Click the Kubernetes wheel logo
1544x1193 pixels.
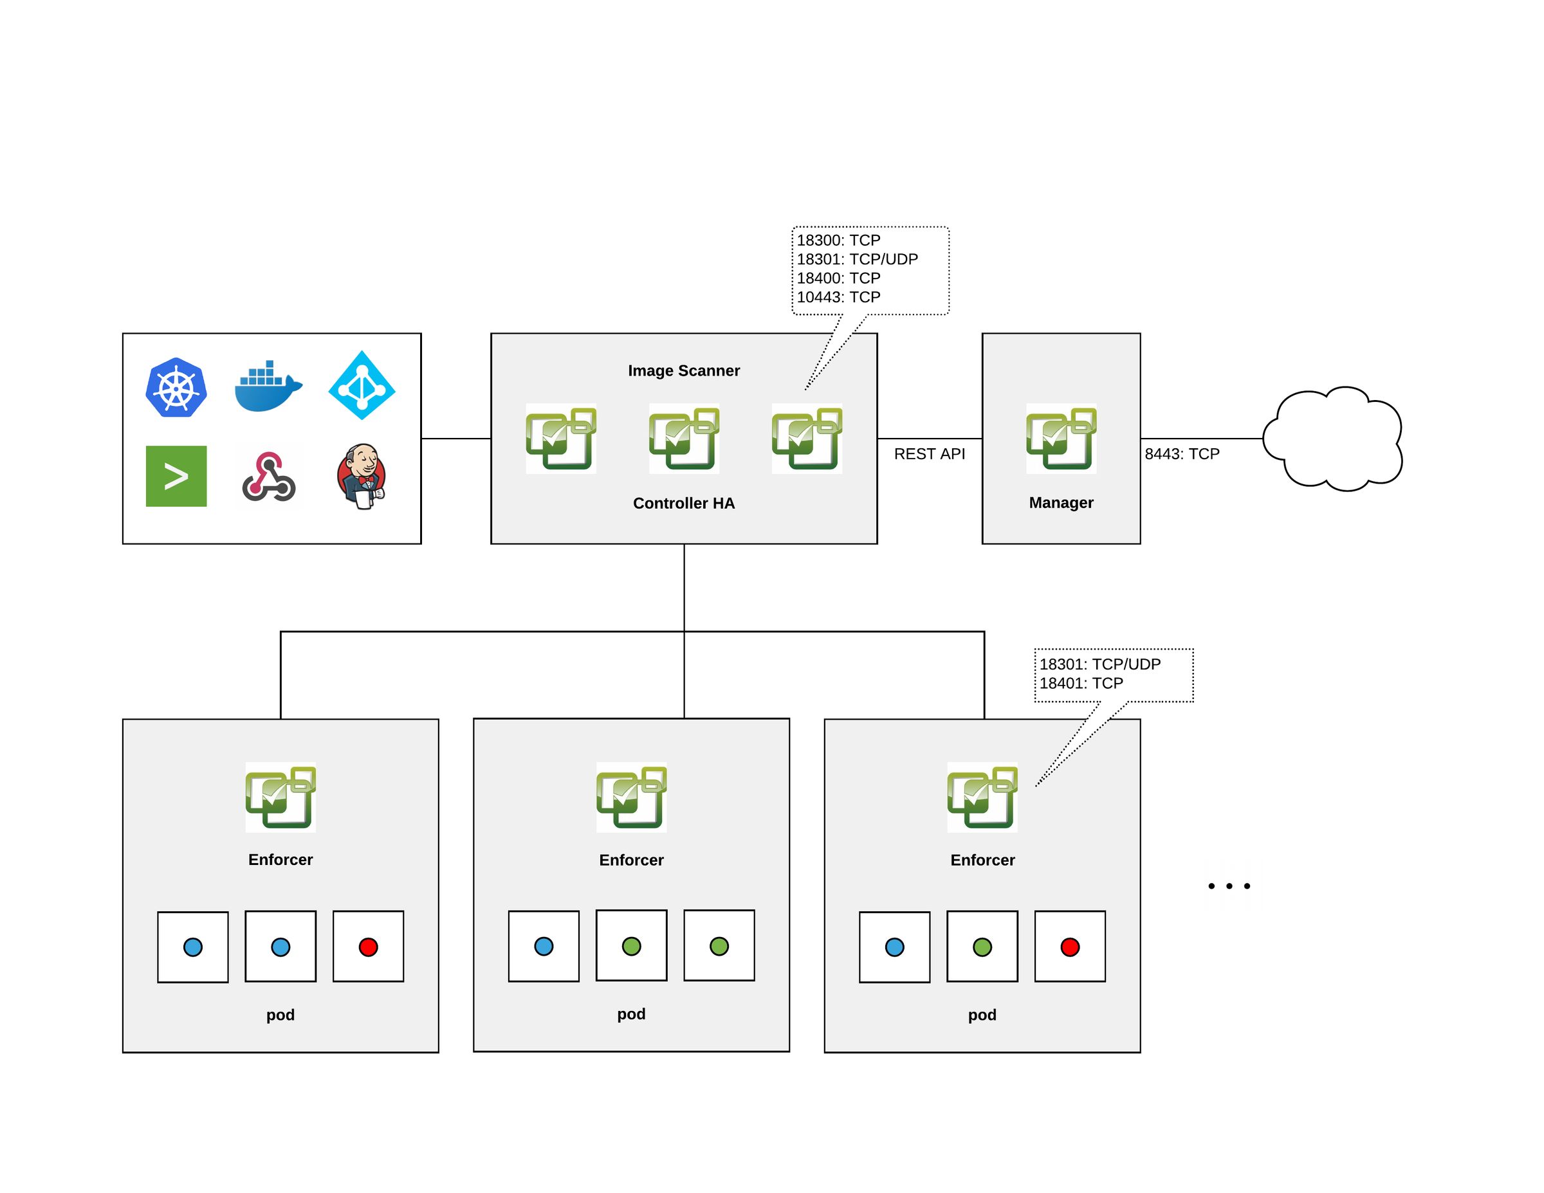pos(176,388)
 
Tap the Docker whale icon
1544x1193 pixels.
pos(267,387)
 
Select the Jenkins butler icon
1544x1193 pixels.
pos(362,477)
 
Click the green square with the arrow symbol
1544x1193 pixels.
pos(176,477)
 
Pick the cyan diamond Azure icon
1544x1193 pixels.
pos(362,386)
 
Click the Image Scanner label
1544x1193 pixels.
pos(684,371)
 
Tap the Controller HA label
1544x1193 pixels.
pos(684,503)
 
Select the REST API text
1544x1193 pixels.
pos(929,455)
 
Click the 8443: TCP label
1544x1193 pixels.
pos(1182,455)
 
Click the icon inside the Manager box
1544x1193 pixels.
pos(1061,439)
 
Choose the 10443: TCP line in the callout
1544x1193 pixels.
pos(838,298)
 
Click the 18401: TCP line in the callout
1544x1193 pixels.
pos(1081,684)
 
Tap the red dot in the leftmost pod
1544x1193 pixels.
pos(369,947)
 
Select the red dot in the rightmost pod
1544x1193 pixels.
pos(1070,947)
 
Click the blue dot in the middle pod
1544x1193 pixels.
pos(544,946)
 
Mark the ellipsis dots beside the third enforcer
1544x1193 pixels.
pos(1229,886)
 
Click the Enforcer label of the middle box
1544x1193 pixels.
pos(631,860)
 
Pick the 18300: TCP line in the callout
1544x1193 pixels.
pos(838,241)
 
